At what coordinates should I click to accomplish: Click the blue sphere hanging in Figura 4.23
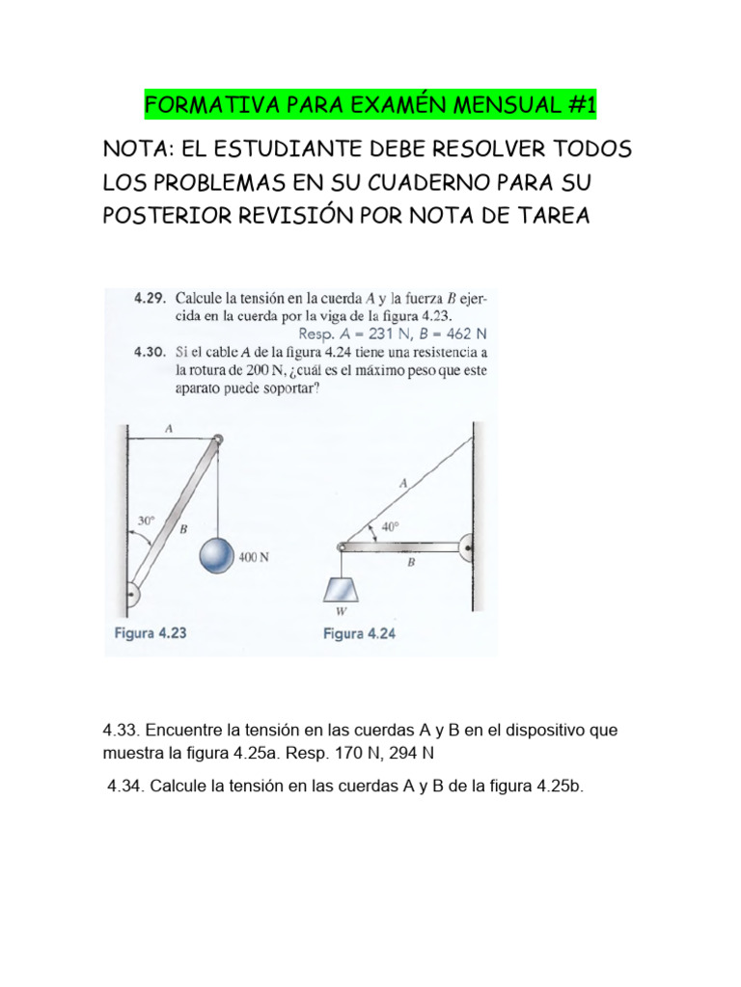pos(217,556)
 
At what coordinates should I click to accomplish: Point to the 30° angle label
pos(145,520)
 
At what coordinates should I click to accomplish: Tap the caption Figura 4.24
pos(359,633)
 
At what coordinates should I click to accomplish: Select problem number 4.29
pos(147,299)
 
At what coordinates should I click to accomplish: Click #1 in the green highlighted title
pos(577,104)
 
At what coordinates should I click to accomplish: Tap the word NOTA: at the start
pos(137,151)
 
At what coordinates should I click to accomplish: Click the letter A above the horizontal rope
pos(170,430)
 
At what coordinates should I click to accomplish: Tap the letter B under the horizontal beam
pos(411,565)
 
